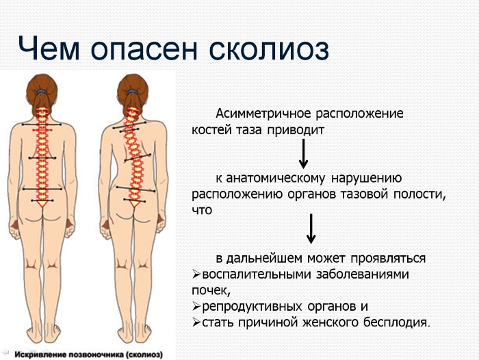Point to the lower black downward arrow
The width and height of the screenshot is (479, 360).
pos(311,229)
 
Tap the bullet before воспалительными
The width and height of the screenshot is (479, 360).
pos(196,275)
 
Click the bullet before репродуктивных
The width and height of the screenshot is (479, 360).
pos(196,306)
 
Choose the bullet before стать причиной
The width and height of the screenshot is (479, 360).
pos(196,322)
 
